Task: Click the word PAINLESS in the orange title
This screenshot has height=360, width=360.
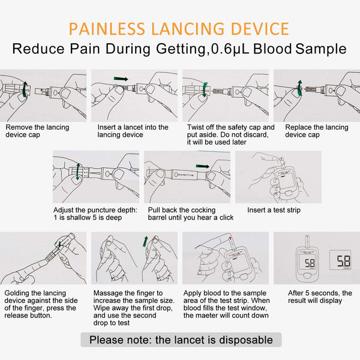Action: click(x=107, y=29)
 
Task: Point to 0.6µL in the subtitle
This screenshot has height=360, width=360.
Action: click(x=230, y=49)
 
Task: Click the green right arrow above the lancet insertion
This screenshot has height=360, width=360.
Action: click(x=121, y=79)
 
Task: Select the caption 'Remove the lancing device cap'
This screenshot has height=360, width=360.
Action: click(x=37, y=131)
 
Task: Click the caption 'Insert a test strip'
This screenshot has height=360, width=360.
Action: click(x=274, y=210)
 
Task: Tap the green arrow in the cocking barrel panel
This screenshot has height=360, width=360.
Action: click(x=203, y=166)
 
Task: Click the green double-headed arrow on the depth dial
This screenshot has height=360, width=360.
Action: click(x=78, y=172)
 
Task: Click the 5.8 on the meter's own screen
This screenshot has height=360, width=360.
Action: click(x=310, y=263)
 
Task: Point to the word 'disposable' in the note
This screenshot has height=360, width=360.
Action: click(x=246, y=340)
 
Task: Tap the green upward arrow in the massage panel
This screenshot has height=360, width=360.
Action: click(x=145, y=242)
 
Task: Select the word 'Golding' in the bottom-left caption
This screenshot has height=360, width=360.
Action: click(x=16, y=293)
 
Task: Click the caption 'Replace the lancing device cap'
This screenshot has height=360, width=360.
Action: click(x=317, y=131)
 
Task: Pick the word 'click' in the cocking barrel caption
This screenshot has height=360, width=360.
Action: click(x=226, y=217)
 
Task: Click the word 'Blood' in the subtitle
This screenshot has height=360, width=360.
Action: click(x=272, y=49)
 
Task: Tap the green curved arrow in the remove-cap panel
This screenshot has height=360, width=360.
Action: click(x=25, y=89)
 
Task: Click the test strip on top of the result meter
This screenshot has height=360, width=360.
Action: click(x=307, y=241)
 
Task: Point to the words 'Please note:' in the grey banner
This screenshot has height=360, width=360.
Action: click(x=121, y=340)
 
